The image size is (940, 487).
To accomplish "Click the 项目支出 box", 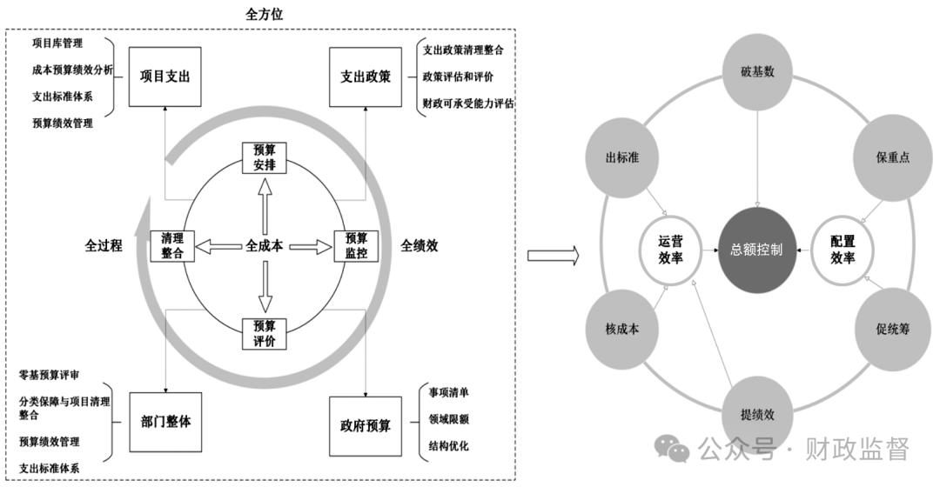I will [x=164, y=76].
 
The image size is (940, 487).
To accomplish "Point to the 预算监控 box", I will [x=356, y=246].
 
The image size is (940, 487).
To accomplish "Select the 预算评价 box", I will [x=264, y=334].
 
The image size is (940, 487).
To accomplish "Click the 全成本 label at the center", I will [x=264, y=246].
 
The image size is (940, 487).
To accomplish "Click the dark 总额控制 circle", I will [x=756, y=250].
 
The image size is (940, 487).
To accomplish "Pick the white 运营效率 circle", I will [x=671, y=250].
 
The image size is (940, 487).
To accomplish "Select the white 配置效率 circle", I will [x=842, y=250].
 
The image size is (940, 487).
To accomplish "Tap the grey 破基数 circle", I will [x=756, y=72].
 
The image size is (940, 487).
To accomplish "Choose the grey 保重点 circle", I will [x=892, y=158].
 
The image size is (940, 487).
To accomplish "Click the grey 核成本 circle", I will [x=622, y=330].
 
